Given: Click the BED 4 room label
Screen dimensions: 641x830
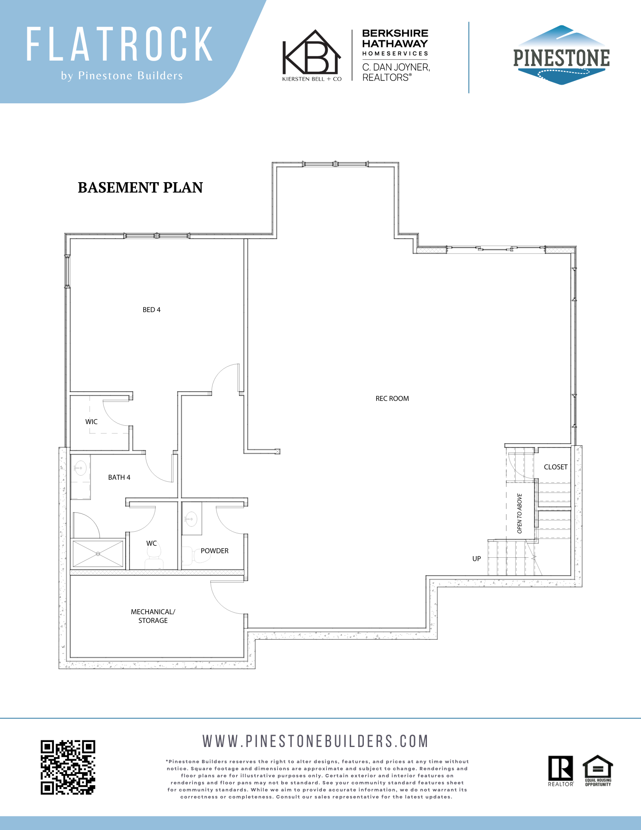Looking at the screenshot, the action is tap(151, 310).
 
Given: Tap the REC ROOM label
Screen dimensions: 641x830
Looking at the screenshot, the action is tap(392, 399).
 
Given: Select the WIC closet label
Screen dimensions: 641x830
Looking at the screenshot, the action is tap(91, 422).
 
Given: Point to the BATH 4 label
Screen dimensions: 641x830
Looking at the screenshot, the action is tap(119, 478).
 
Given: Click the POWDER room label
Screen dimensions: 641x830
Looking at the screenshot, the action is tap(214, 551).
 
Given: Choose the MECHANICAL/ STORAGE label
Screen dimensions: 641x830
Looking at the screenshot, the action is tap(153, 616).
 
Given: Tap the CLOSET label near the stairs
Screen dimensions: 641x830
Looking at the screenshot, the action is tap(556, 467).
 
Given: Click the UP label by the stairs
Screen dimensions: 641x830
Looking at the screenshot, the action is tap(476, 559).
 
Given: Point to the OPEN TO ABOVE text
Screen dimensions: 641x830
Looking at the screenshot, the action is tap(519, 513).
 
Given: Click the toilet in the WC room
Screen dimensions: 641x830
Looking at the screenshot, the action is tap(154, 557).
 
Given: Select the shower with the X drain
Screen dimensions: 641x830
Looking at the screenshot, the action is tap(98, 553).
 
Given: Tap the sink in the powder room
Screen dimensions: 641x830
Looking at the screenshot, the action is tap(191, 518).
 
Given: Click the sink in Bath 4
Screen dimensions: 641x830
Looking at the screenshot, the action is tap(80, 468).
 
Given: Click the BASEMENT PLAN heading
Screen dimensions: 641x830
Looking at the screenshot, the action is tap(140, 188).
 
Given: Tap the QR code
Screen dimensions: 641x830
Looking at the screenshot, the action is tap(68, 767).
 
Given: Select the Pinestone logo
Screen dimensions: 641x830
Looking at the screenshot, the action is tap(561, 55).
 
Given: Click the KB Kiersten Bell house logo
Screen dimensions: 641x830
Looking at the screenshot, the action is tap(312, 55).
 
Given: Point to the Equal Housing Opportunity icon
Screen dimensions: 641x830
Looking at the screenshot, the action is tap(598, 771).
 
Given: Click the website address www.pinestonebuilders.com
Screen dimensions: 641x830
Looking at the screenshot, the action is tap(315, 741).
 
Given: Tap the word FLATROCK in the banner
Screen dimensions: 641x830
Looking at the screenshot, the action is tap(120, 44).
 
